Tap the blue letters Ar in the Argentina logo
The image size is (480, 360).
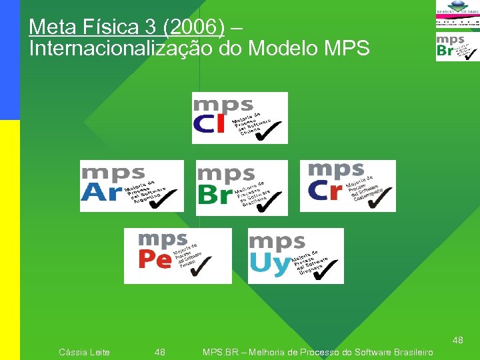[x=100, y=192]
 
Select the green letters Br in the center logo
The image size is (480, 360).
[x=215, y=195]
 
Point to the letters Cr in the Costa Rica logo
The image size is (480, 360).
[x=325, y=191]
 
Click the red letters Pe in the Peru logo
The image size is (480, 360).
[x=155, y=259]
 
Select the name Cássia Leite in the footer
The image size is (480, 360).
[x=85, y=352]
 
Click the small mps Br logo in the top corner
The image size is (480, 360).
[x=457, y=47]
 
